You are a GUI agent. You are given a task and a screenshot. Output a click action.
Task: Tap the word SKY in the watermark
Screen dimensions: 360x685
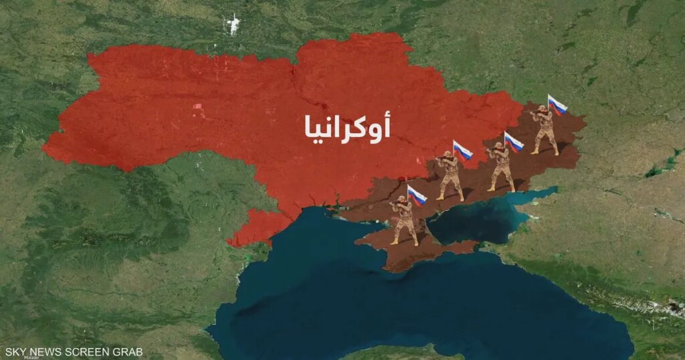pos(15,351)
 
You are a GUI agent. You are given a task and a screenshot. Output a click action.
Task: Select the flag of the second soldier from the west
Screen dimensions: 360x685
pos(463,150)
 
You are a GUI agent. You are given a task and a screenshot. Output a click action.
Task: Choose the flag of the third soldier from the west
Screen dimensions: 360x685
pos(514,142)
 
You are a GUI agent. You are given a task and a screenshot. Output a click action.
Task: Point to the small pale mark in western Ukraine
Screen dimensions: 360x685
pos(199,108)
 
